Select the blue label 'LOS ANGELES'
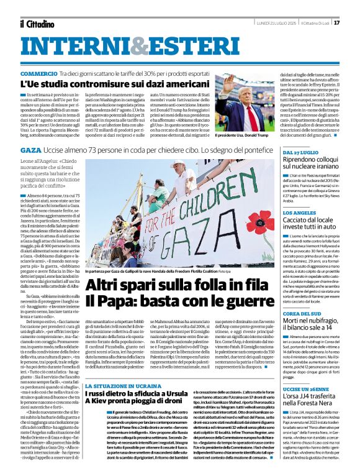299,212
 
